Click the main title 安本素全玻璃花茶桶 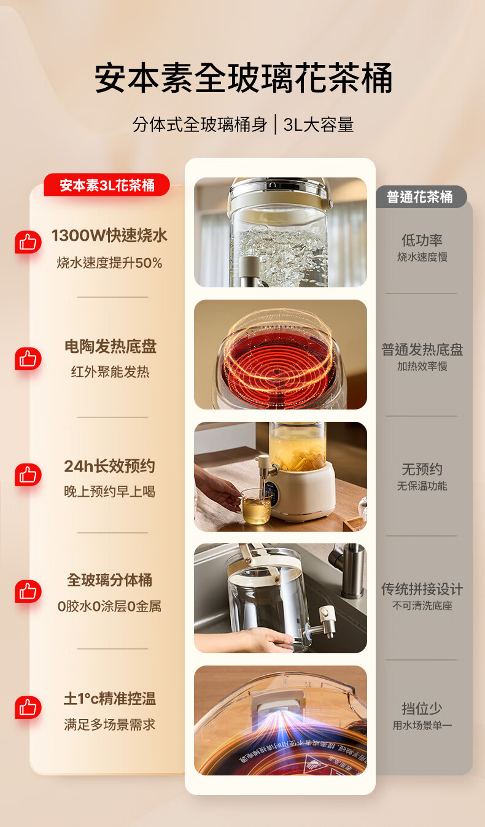pos(243,78)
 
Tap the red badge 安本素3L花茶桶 pos(107,185)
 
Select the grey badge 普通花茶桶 pos(421,196)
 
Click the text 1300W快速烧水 pos(109,236)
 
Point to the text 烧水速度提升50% pos(109,263)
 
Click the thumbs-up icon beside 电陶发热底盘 pos(28,359)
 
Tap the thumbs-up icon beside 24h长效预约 pos(28,475)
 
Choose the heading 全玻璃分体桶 pos(110,580)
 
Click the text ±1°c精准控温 pos(110,699)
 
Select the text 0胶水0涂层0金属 pos(109,606)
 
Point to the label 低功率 pos(422,240)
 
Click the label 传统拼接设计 pos(422,589)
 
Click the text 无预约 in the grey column pos(422,470)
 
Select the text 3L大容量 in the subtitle pos(319,125)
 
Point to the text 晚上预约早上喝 pos(110,492)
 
